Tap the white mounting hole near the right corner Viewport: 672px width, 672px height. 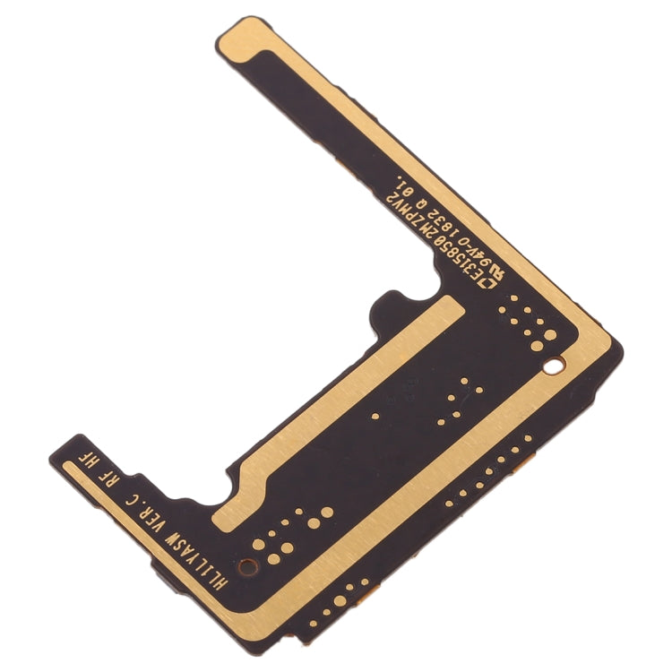(556, 364)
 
